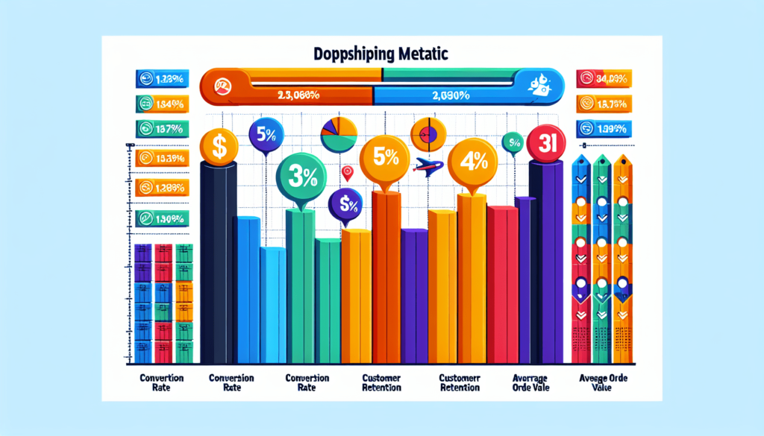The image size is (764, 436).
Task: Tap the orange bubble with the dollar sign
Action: pyautogui.click(x=219, y=146)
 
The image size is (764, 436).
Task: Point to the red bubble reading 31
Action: pyautogui.click(x=544, y=143)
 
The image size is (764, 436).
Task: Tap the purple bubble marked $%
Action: pyautogui.click(x=345, y=202)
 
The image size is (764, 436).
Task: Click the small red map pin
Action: pyautogui.click(x=346, y=173)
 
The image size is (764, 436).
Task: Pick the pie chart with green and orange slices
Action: pyautogui.click(x=339, y=134)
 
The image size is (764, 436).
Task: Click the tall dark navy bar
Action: pyautogui.click(x=219, y=261)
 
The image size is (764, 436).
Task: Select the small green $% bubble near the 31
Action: pyautogui.click(x=512, y=140)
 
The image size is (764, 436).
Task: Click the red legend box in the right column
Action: pyautogui.click(x=604, y=77)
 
